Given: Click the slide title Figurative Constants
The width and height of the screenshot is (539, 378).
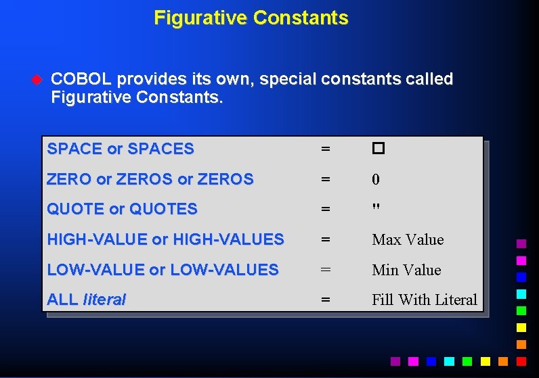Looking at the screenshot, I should pos(251,18).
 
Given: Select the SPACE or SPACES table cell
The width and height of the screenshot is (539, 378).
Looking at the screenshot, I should pos(121,149).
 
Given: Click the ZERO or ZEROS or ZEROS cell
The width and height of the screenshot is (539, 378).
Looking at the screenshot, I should pos(150,179).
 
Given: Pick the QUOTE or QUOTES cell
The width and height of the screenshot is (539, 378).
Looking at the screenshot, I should pos(122,210).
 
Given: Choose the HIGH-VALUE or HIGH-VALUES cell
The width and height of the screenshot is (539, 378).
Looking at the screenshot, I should pos(165,239).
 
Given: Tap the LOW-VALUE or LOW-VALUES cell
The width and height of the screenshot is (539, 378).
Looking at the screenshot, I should pos(163,270).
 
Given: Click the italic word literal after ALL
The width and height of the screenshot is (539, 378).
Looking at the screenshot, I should pos(104,300).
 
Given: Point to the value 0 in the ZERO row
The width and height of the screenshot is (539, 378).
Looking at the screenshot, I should pos(376,180).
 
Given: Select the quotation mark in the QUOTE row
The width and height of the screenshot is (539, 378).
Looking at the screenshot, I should pos(376,207).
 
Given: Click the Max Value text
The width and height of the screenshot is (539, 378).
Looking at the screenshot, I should pos(408,240).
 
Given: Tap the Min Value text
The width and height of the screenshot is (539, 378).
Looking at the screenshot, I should pos(406,270).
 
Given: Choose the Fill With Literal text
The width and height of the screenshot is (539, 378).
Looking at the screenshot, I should pos(425,300).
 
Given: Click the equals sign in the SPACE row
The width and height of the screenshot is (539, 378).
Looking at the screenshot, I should pos(326,149).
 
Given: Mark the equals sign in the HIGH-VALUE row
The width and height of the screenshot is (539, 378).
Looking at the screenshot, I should pos(326,240).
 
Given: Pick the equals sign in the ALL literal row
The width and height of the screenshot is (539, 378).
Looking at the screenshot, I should pos(326,300).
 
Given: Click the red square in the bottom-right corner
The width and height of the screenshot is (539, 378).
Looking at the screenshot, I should pos(521,362).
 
